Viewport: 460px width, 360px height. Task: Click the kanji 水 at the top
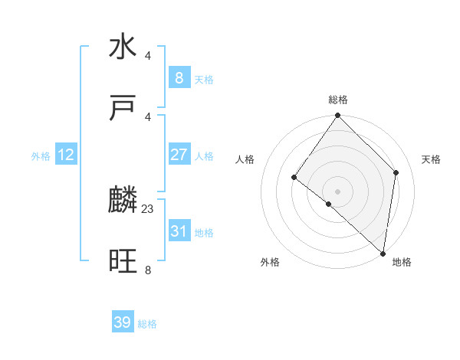tap(123, 47)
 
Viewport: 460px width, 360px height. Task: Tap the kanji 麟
tap(123, 201)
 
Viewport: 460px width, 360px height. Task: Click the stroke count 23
tap(148, 208)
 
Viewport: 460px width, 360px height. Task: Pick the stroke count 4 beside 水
tap(148, 55)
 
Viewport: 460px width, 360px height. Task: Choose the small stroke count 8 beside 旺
tap(148, 270)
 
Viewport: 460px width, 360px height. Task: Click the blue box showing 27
tap(179, 155)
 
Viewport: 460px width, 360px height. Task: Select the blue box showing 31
tap(179, 231)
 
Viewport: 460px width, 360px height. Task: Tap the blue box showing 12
tap(66, 155)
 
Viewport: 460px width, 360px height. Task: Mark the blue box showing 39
tap(123, 322)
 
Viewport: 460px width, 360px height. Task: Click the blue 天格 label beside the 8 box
tap(204, 79)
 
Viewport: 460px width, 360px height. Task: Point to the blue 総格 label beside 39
tap(148, 324)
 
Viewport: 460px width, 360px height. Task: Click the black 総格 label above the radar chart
tap(338, 100)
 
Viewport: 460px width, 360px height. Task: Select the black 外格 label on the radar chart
tap(270, 263)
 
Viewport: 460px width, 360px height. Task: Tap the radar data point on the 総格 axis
tap(338, 116)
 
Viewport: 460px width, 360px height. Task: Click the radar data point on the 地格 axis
tap(383, 253)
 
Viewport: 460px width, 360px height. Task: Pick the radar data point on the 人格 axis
tap(294, 178)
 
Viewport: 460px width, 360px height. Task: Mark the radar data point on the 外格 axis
tap(328, 205)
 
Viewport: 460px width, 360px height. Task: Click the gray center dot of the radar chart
tap(338, 191)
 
